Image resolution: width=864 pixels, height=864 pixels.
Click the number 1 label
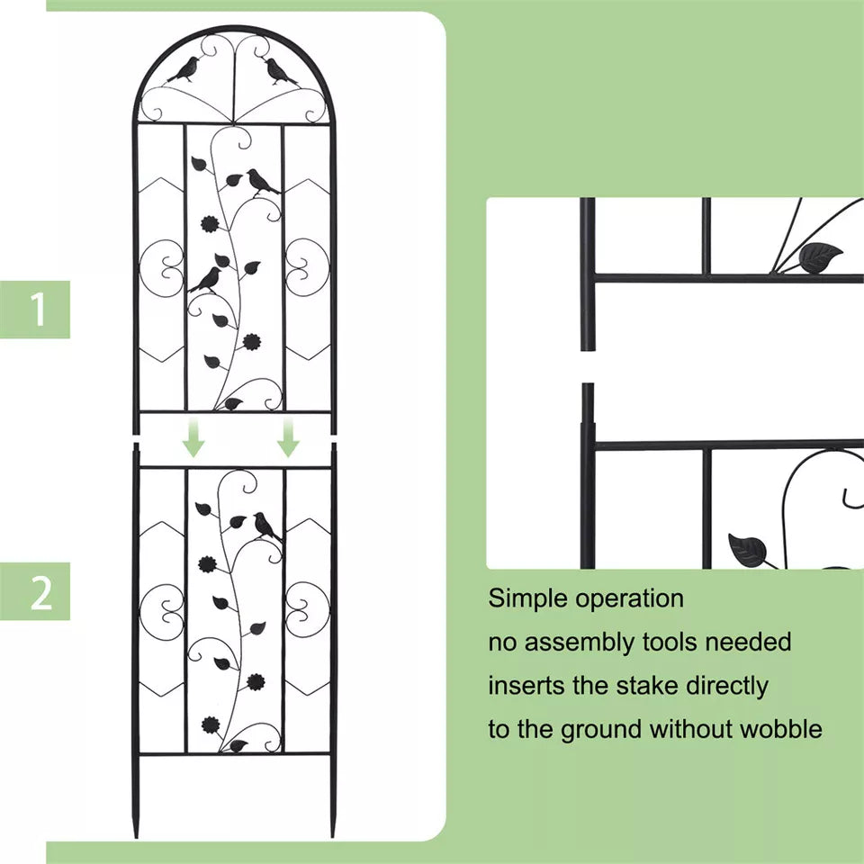(37, 310)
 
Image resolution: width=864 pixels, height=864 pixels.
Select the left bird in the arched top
(186, 70)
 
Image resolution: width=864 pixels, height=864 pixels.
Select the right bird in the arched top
(280, 71)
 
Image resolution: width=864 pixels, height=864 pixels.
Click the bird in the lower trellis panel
(265, 526)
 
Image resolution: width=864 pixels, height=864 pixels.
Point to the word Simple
(528, 598)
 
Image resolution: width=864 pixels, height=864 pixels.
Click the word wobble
(780, 728)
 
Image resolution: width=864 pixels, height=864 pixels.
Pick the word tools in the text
(670, 642)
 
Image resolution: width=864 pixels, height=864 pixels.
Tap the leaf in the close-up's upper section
(819, 257)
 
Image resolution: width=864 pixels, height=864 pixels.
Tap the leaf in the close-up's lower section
(748, 549)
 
